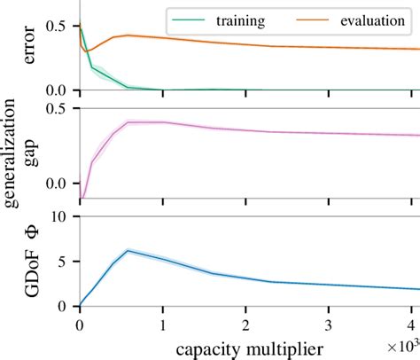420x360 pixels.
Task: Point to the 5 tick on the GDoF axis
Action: (x=65, y=262)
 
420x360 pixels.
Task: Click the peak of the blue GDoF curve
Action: (x=128, y=251)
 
